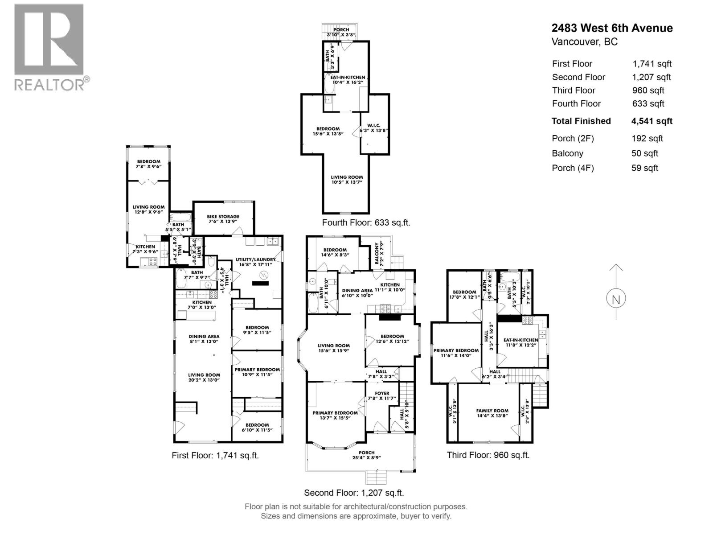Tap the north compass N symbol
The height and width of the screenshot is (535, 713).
(x=616, y=300)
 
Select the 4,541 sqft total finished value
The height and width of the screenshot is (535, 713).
(x=652, y=121)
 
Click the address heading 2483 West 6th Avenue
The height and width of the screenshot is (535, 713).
(x=612, y=28)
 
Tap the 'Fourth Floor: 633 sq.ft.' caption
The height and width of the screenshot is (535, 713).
(x=366, y=222)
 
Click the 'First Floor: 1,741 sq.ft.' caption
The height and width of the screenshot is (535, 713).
(x=215, y=456)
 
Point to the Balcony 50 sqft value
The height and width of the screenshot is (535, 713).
(x=644, y=153)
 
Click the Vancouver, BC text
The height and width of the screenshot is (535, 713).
(x=584, y=42)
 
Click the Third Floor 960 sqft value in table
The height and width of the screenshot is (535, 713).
(x=648, y=91)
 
